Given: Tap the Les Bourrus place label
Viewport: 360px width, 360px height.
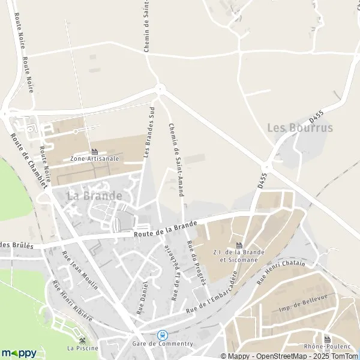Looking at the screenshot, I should [299, 128].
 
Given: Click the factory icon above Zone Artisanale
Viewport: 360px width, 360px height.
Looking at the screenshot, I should [94, 151].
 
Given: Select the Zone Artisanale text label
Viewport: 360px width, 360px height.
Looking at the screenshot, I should [94, 159].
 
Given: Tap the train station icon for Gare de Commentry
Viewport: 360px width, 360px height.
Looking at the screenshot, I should [162, 335].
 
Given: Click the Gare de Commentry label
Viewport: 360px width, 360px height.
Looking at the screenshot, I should [163, 344].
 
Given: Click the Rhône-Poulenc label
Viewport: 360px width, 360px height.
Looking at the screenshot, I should [327, 347].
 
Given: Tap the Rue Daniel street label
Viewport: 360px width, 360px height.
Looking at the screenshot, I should [142, 298].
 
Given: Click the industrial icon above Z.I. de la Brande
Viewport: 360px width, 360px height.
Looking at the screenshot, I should [239, 245].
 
